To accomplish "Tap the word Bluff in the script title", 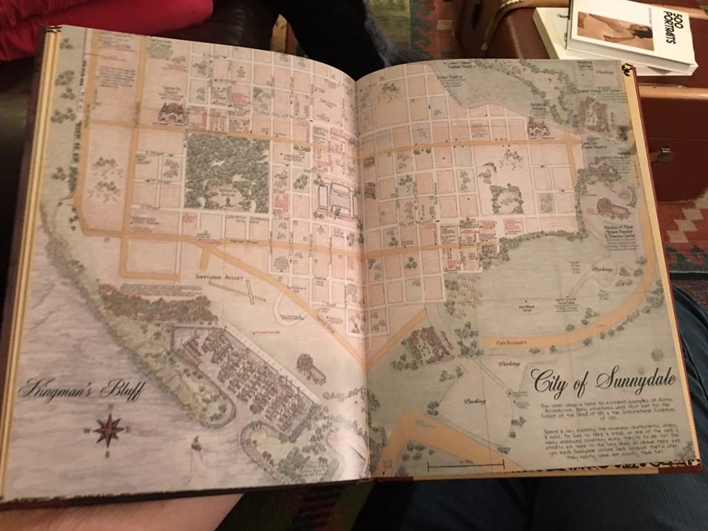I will [x=122, y=391].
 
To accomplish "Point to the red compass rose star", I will [x=109, y=429].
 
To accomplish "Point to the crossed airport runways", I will [x=239, y=290].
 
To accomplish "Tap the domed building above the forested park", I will [x=171, y=113].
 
